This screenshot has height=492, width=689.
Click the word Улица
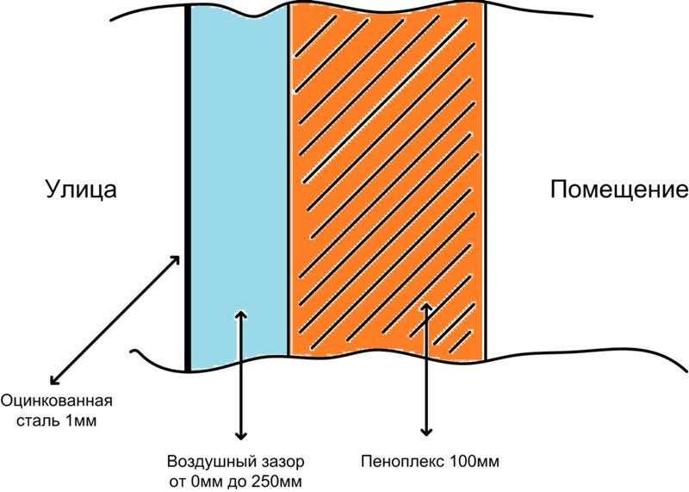click(x=81, y=190)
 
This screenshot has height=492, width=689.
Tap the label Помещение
click(x=619, y=190)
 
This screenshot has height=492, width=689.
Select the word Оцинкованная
click(x=56, y=401)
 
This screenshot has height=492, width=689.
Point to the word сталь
click(x=38, y=421)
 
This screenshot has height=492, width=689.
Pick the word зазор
click(x=282, y=463)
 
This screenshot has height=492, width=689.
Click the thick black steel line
click(x=188, y=188)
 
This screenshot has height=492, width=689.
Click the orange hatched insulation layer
click(x=388, y=183)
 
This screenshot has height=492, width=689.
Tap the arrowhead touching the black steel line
click(x=176, y=260)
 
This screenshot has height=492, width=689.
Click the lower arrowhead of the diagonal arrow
click(x=54, y=379)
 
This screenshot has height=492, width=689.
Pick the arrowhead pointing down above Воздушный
click(x=240, y=435)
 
